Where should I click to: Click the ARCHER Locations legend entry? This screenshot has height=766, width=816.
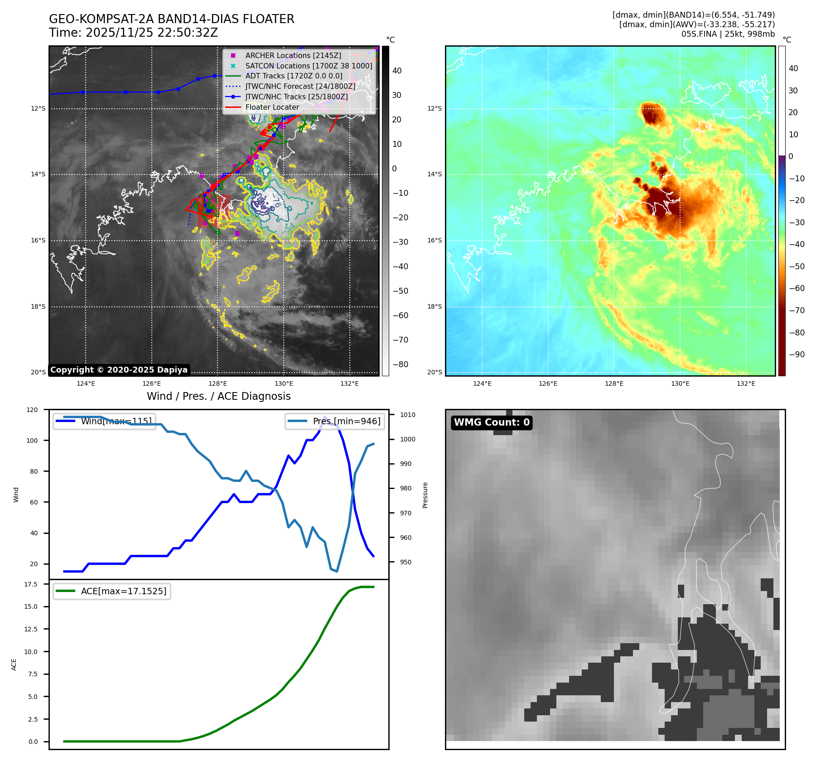pyautogui.click(x=293, y=55)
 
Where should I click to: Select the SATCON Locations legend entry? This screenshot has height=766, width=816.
pyautogui.click(x=309, y=66)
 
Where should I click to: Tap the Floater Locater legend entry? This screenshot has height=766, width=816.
pyautogui.click(x=272, y=107)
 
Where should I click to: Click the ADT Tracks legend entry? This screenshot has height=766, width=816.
pyautogui.click(x=294, y=76)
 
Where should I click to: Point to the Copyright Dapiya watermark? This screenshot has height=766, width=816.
pyautogui.click(x=119, y=370)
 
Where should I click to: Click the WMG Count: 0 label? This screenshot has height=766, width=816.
pyautogui.click(x=492, y=422)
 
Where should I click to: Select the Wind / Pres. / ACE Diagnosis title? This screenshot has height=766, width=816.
pyautogui.click(x=218, y=396)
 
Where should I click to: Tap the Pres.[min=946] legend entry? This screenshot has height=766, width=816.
pyautogui.click(x=346, y=421)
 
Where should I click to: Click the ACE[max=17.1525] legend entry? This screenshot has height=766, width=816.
pyautogui.click(x=123, y=591)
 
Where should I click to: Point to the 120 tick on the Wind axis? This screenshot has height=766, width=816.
pyautogui.click(x=32, y=410)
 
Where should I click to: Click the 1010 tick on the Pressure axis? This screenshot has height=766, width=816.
pyautogui.click(x=407, y=415)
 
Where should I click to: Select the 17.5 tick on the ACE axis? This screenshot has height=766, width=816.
pyautogui.click(x=31, y=584)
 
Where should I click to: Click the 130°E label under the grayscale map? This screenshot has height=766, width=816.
pyautogui.click(x=284, y=383)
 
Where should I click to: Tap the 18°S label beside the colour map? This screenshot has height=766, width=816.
pyautogui.click(x=434, y=307)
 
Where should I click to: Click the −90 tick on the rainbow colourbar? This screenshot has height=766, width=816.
pyautogui.click(x=797, y=354)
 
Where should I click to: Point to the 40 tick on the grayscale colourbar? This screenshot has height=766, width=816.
pyautogui.click(x=397, y=71)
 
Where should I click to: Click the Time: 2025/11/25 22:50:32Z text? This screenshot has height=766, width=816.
pyautogui.click(x=133, y=33)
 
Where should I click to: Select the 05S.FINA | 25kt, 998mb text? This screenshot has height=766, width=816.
pyautogui.click(x=728, y=34)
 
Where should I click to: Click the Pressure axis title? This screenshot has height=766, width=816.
pyautogui.click(x=425, y=495)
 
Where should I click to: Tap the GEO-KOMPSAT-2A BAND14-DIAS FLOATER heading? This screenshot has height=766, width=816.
pyautogui.click(x=171, y=19)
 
